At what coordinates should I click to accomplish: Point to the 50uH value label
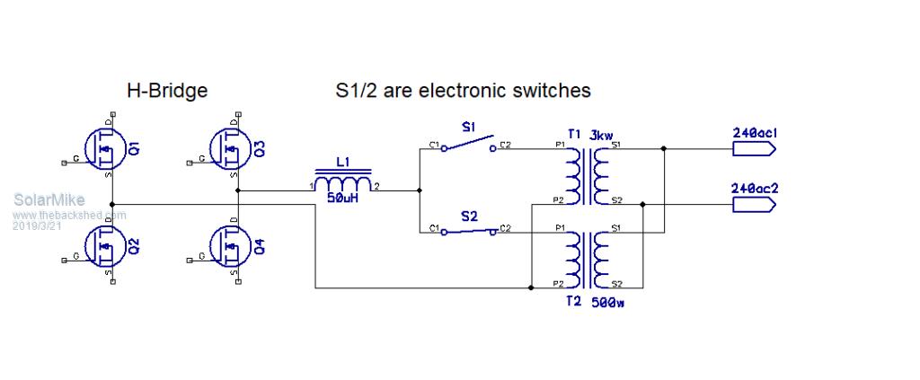click(342, 198)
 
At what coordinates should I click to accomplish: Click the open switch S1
click(469, 144)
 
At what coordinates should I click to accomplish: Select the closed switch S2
click(469, 232)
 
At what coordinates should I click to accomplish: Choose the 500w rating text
click(608, 303)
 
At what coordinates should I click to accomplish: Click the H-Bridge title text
click(167, 91)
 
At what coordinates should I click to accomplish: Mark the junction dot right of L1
click(419, 190)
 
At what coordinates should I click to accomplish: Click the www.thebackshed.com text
click(70, 216)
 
